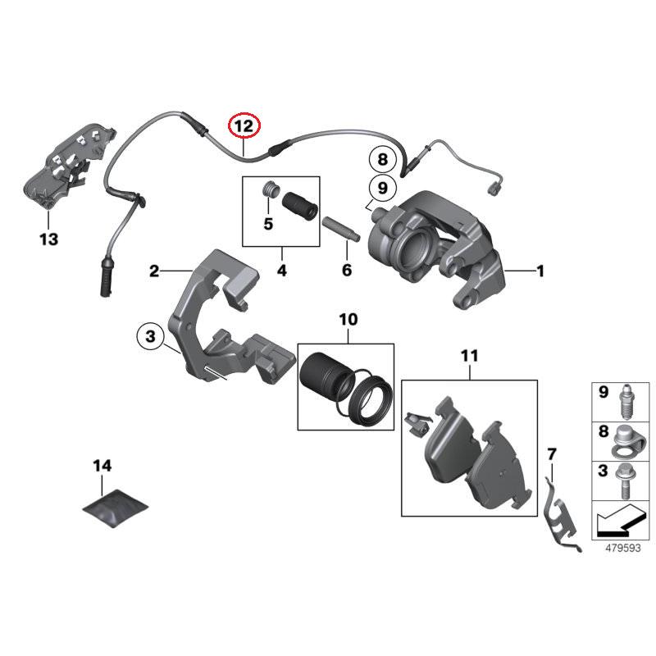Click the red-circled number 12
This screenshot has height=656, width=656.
(x=244, y=126)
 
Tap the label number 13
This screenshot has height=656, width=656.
(x=48, y=239)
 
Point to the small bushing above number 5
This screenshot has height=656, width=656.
(x=266, y=193)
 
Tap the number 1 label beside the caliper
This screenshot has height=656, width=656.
(x=540, y=271)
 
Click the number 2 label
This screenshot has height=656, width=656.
(x=154, y=271)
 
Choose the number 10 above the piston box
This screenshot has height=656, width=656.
(x=348, y=318)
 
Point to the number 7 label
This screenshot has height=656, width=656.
(x=551, y=453)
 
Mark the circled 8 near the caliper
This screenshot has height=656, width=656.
(x=381, y=158)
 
